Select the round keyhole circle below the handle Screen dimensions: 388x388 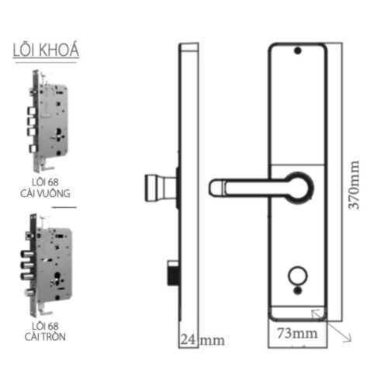[x=296, y=275]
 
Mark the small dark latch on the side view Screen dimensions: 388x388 [x=170, y=272]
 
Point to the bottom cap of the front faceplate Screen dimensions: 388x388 [x=296, y=311]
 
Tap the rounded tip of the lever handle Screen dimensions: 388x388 [x=215, y=186]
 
